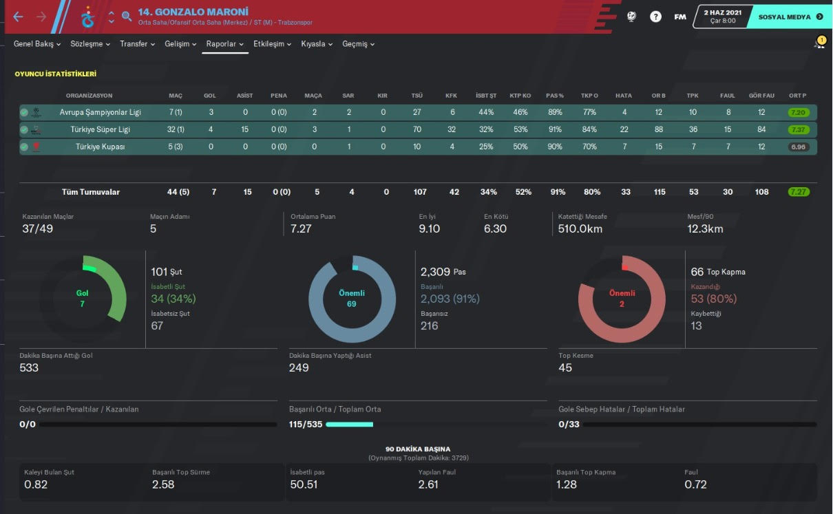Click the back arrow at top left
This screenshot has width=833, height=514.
[18, 17]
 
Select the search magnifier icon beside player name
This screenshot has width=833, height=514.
[126, 17]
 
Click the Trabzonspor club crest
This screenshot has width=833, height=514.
[87, 17]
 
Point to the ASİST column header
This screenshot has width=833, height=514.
[244, 96]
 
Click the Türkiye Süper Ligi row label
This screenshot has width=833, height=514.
[100, 129]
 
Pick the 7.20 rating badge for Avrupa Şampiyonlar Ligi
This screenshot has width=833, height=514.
[799, 112]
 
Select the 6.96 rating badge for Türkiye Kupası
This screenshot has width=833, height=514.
[799, 147]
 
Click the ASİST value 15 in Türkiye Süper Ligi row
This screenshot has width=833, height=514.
[244, 129]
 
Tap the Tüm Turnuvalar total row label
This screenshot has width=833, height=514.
[90, 192]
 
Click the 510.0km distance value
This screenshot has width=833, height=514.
[580, 229]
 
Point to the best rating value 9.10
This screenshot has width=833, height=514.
[429, 229]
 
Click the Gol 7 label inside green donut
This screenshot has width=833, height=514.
[83, 299]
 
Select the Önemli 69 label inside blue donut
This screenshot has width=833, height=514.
[352, 299]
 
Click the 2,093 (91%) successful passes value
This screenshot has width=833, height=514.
[450, 299]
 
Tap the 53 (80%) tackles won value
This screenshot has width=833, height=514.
[713, 299]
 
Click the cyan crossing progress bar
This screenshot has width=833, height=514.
[349, 425]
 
